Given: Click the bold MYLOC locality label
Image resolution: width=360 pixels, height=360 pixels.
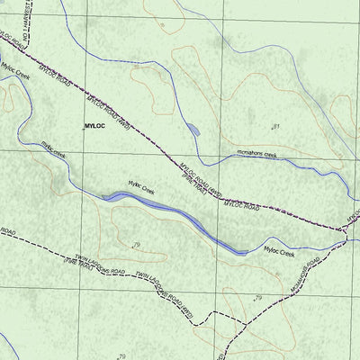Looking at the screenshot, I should tap(94, 127).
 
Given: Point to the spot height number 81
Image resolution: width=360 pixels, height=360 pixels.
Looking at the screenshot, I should tap(275, 126).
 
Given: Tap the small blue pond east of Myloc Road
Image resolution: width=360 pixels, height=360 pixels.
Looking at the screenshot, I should tap(193, 130).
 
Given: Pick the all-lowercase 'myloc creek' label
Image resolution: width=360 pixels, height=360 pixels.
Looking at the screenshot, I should tap(53, 149).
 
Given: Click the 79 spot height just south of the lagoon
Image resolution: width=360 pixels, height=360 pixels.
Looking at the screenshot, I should tap(136, 245).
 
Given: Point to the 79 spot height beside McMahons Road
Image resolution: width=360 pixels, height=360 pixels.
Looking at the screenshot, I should tap(257, 297).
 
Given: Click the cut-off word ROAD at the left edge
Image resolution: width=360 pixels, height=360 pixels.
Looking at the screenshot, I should tap(8, 232).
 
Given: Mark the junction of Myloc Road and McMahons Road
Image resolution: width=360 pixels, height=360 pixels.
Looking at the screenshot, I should tap(346, 231).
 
